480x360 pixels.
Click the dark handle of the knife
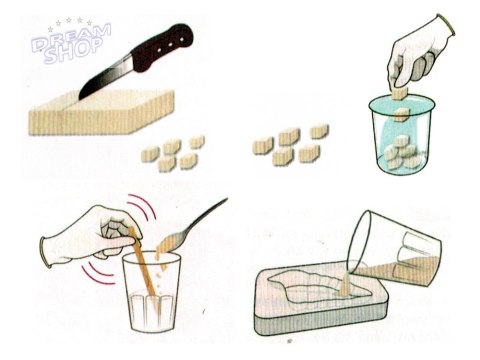pos(163,47)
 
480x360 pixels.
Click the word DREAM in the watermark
pos(72,37)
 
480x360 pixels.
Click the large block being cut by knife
pos(102,113)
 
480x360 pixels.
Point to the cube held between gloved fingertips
pos(400,94)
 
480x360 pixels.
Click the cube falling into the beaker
pos(402,115)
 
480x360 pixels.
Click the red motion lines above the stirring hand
pos(142,207)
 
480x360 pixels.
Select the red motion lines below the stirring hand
pos(97,273)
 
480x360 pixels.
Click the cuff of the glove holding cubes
pos(446,24)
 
